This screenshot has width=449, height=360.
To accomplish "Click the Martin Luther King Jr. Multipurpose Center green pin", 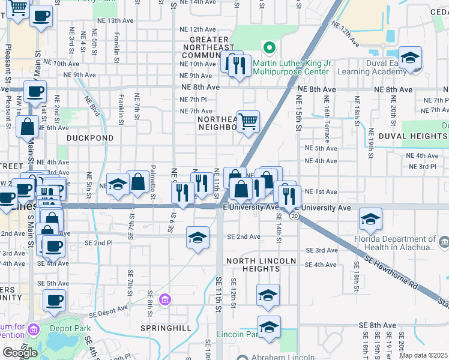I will [x=270, y=47].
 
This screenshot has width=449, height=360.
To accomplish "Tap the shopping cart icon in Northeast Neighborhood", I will [x=248, y=122].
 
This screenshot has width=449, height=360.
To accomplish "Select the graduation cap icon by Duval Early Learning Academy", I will [x=411, y=59].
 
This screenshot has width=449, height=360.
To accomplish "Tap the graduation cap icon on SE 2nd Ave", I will [x=197, y=238].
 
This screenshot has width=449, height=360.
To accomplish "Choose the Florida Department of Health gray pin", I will [x=444, y=242].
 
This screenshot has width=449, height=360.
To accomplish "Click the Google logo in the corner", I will [x=20, y=353].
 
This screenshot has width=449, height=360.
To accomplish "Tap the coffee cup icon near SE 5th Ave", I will [x=54, y=301].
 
